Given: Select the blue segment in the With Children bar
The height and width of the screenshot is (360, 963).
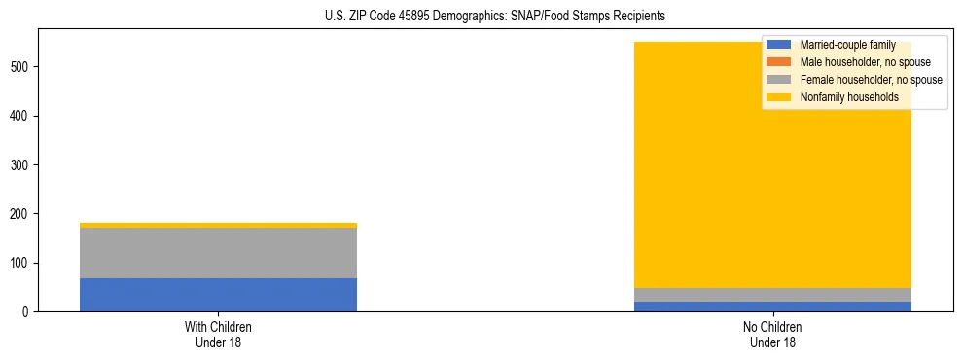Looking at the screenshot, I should point(218,295).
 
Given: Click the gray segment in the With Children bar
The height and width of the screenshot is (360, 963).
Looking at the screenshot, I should point(218,253).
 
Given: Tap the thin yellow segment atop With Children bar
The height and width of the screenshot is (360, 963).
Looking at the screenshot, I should point(218,225).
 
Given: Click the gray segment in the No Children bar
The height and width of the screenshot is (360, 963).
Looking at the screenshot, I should point(772,295).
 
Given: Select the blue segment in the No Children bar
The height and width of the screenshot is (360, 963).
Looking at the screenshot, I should point(772,306).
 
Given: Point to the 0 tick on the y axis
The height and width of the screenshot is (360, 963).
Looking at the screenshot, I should point(28,312).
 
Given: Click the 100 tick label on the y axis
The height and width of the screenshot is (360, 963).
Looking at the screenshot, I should point(21,263).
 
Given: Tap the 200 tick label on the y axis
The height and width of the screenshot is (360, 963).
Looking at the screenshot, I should point(21,214).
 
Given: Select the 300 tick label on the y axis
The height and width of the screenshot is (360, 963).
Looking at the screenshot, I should point(21,165).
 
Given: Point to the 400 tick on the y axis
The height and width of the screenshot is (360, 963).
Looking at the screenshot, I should point(21,116).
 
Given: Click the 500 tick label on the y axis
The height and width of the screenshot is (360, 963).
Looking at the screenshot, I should point(21,67).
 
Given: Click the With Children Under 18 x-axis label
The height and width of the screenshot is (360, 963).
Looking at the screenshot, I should point(218,335).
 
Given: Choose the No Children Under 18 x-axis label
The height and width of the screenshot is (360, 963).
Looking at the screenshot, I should point(772,335).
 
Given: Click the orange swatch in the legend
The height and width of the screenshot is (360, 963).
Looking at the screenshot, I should point(779,62).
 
